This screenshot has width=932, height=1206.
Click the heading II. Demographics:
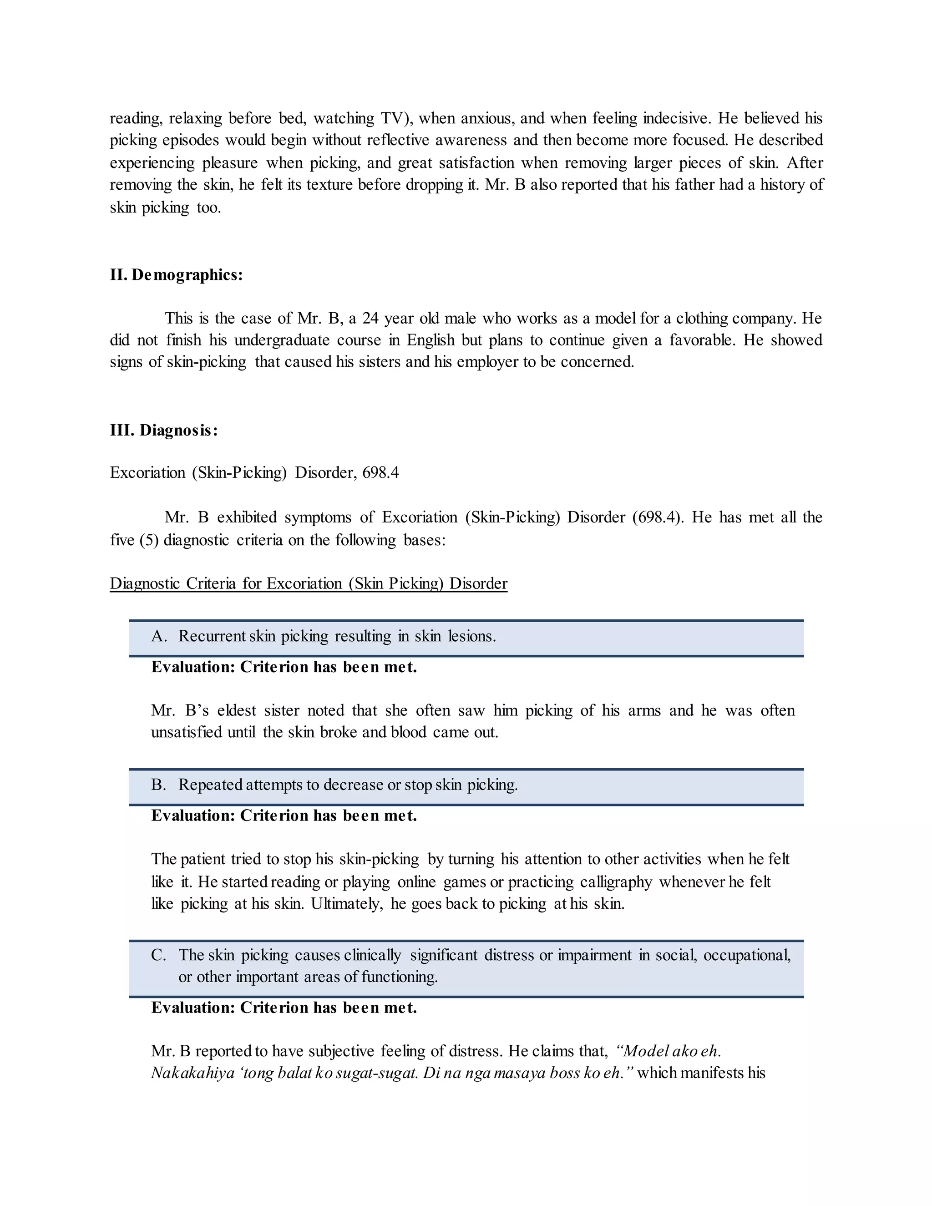pyautogui.click(x=176, y=274)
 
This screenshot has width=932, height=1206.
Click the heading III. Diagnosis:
pyautogui.click(x=163, y=430)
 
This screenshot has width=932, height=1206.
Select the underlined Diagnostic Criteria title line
pyautogui.click(x=308, y=584)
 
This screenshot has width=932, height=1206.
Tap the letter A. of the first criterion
pyautogui.click(x=159, y=636)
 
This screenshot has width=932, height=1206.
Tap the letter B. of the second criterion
pyautogui.click(x=159, y=785)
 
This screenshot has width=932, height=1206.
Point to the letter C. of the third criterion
pyautogui.click(x=159, y=955)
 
